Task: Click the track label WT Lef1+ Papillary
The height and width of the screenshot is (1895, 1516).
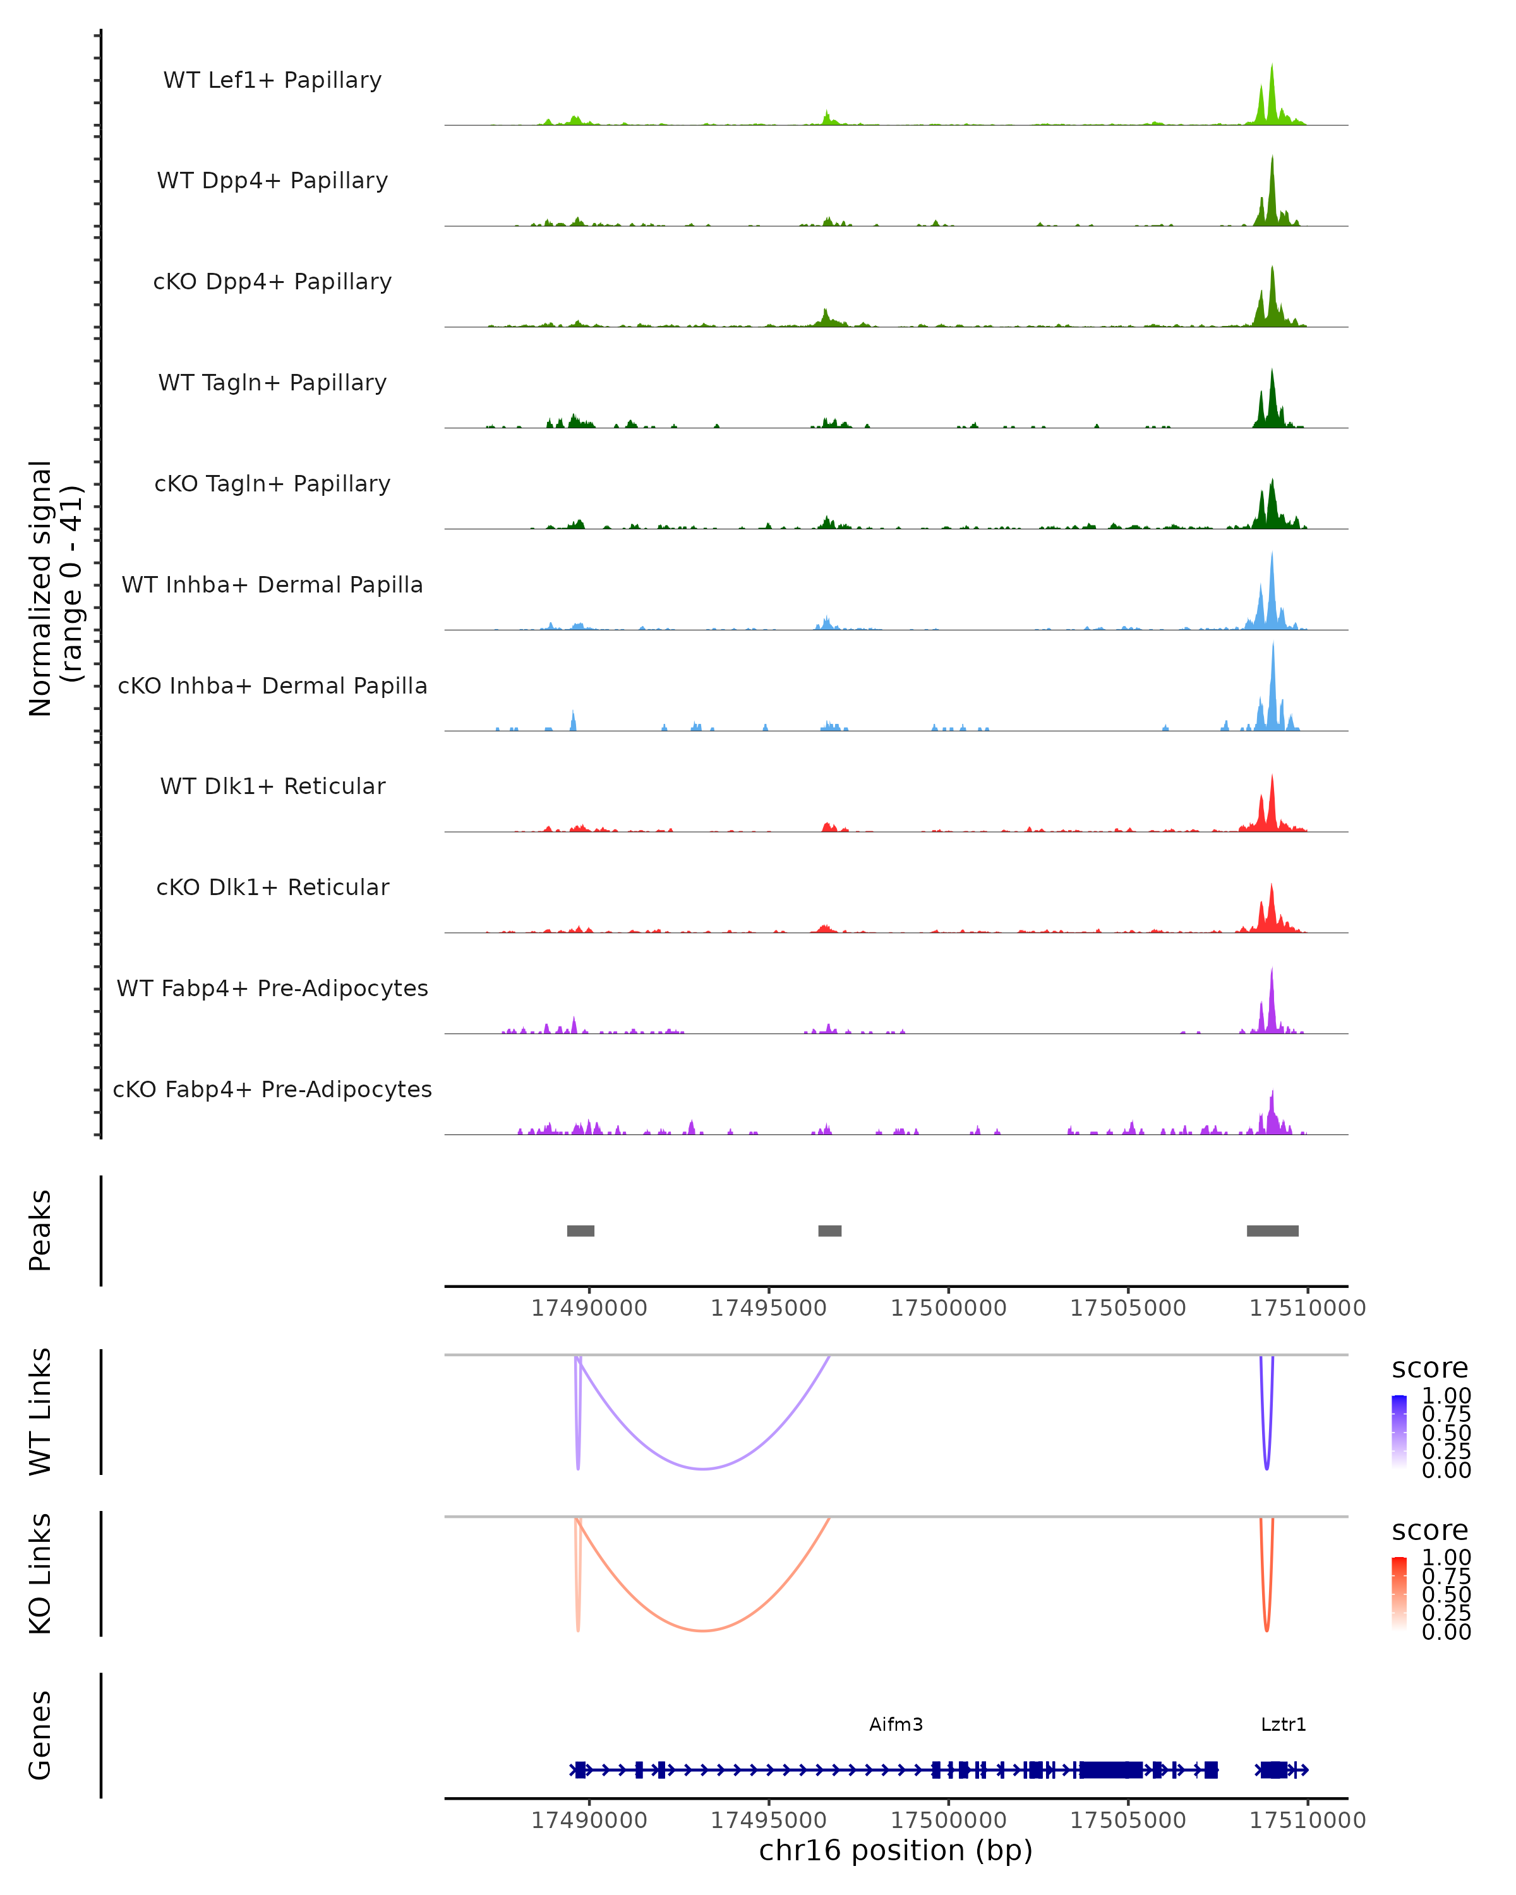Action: pyautogui.click(x=272, y=80)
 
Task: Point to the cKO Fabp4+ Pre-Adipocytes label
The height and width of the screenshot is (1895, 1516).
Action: pyautogui.click(x=272, y=1089)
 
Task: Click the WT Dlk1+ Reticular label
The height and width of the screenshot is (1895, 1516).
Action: pyautogui.click(x=272, y=786)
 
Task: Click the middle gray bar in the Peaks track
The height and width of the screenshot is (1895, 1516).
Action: pyautogui.click(x=829, y=1230)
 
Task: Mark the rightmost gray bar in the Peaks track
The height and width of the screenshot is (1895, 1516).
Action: pyautogui.click(x=1273, y=1230)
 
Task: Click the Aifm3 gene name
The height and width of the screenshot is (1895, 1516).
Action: pyautogui.click(x=896, y=1724)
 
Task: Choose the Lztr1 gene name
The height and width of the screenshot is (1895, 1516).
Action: pyautogui.click(x=1283, y=1724)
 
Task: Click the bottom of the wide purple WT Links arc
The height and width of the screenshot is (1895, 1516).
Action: pyautogui.click(x=703, y=1469)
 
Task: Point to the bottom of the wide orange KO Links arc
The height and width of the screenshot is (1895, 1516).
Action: pyautogui.click(x=703, y=1630)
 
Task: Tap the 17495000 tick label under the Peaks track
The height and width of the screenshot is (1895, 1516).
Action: pyautogui.click(x=768, y=1308)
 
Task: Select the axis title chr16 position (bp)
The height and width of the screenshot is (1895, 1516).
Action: pyautogui.click(x=896, y=1851)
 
